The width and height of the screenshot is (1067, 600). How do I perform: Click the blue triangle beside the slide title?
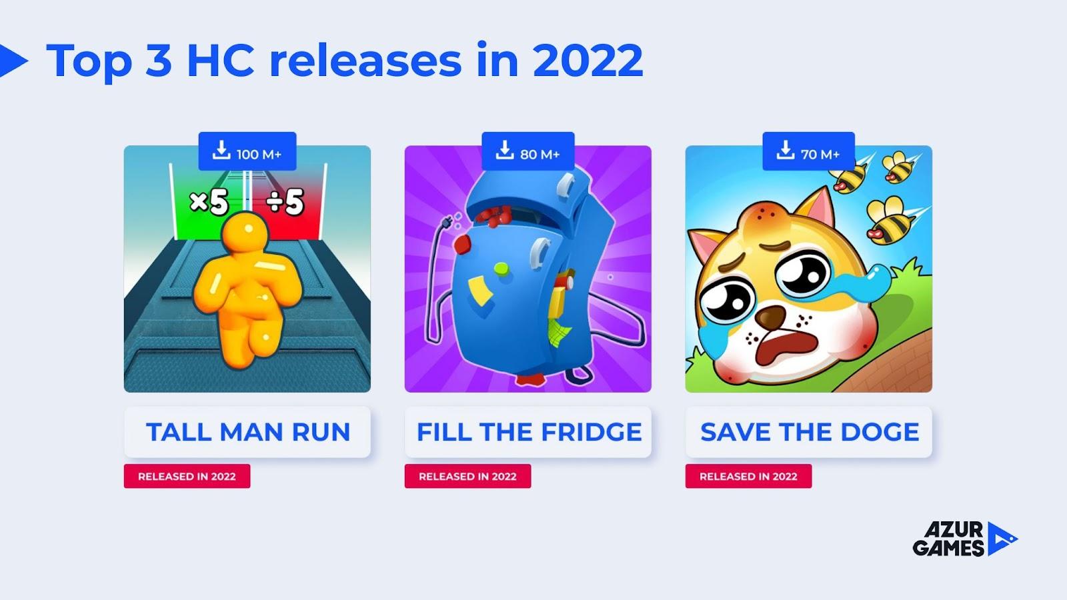(x=12, y=61)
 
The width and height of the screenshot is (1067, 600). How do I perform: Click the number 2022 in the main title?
(x=588, y=61)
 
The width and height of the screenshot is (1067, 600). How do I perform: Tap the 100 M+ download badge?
(x=247, y=151)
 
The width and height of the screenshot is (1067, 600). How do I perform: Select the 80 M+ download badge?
(x=527, y=151)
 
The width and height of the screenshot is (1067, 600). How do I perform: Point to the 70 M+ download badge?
(x=808, y=151)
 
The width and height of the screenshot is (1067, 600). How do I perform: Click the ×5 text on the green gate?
(x=209, y=202)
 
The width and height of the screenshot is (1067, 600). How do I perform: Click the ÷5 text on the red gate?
(x=285, y=202)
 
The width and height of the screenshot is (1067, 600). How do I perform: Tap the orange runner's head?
(x=247, y=233)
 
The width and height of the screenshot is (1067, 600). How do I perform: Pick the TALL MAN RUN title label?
(x=247, y=432)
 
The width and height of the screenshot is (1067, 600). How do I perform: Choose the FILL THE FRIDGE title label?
(x=527, y=432)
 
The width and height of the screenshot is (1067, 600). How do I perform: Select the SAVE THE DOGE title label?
(x=808, y=432)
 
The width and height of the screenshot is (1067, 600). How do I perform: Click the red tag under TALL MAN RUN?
(x=187, y=476)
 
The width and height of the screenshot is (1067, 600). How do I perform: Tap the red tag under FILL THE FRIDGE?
(x=467, y=476)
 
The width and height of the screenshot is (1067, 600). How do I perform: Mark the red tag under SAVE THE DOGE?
(x=748, y=476)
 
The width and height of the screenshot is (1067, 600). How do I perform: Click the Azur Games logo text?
(x=948, y=539)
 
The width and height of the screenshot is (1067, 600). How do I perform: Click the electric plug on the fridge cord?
(x=447, y=223)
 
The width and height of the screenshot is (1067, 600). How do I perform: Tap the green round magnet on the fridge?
(x=501, y=269)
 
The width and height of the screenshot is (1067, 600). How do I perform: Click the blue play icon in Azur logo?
(x=1001, y=539)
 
